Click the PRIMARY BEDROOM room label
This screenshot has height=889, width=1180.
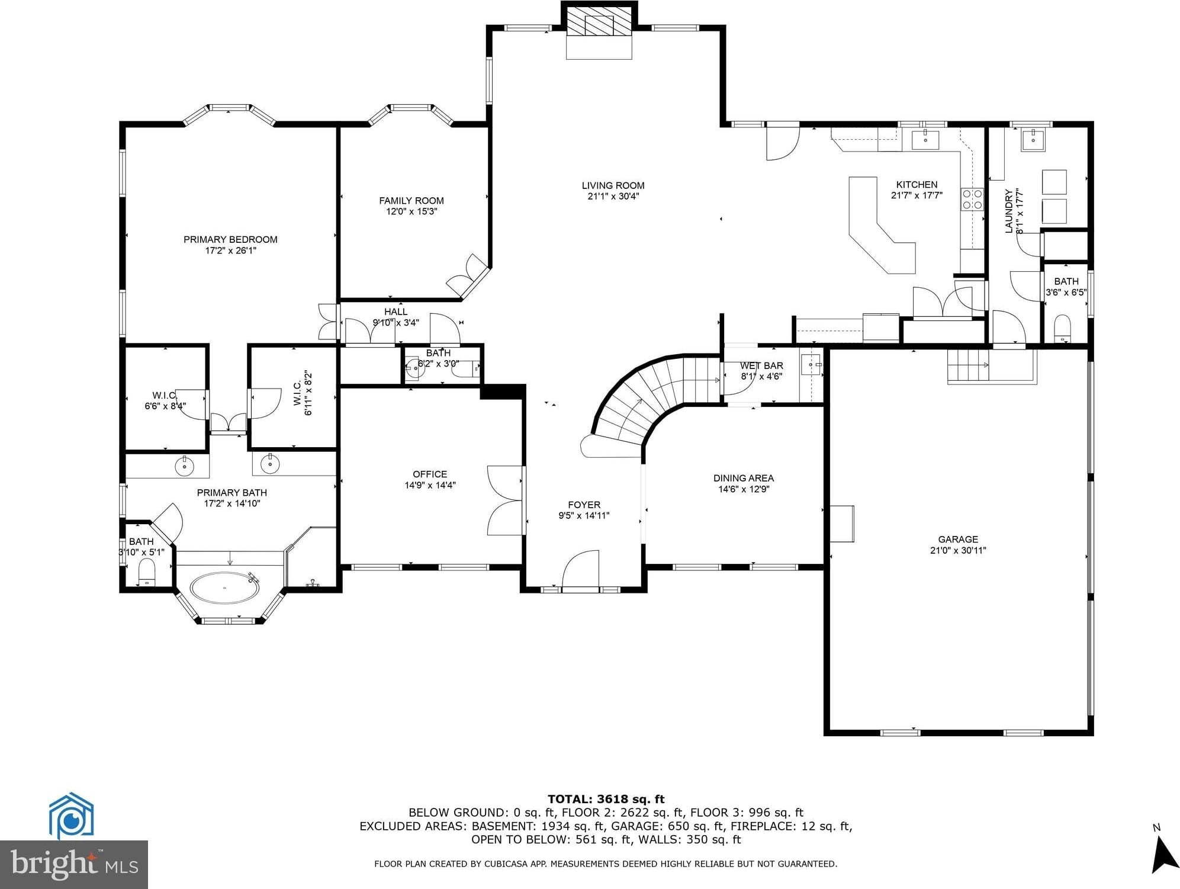230,239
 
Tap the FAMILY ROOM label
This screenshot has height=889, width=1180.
411,201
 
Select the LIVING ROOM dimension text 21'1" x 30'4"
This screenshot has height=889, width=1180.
613,196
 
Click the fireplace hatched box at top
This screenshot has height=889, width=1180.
599,22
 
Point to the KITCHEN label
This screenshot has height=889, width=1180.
917,185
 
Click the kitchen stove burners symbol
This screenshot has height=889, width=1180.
972,199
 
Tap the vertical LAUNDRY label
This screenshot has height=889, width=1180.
1009,211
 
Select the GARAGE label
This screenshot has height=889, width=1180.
958,539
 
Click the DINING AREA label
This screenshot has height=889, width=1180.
744,478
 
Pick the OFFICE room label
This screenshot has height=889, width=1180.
430,474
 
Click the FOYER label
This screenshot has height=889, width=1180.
584,505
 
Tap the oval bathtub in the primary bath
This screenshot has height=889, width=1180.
224,588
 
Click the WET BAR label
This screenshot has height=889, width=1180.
761,365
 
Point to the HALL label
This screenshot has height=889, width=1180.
396,312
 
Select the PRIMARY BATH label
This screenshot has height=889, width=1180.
232,492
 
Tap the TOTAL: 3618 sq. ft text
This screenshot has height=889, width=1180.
606,799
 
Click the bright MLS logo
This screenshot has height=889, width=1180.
74,865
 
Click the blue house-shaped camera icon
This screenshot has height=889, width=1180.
71,816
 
